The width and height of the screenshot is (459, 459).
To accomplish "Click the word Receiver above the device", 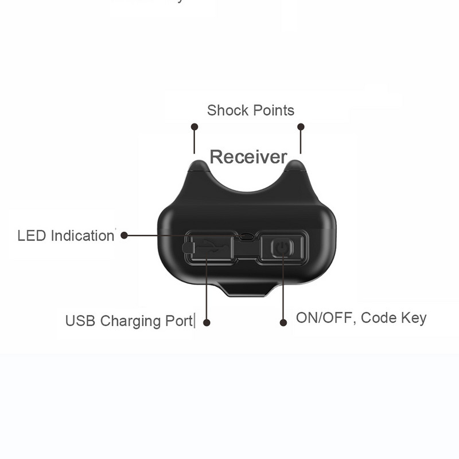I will click(x=248, y=156).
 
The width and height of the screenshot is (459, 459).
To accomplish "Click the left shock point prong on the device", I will click(x=199, y=168).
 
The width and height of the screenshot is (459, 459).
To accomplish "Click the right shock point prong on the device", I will click(x=295, y=168).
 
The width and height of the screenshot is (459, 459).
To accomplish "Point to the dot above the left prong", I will click(x=195, y=127).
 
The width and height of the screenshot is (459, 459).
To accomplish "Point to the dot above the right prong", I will click(x=301, y=127).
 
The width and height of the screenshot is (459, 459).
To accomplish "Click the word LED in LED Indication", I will click(x=32, y=236).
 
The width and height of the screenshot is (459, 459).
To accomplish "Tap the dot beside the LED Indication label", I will click(x=124, y=235).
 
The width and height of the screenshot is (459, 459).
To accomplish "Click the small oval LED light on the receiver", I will click(x=247, y=236).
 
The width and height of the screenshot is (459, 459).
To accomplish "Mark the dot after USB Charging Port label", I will click(x=207, y=323).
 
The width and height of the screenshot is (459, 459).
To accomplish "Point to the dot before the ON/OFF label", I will click(x=283, y=323).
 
